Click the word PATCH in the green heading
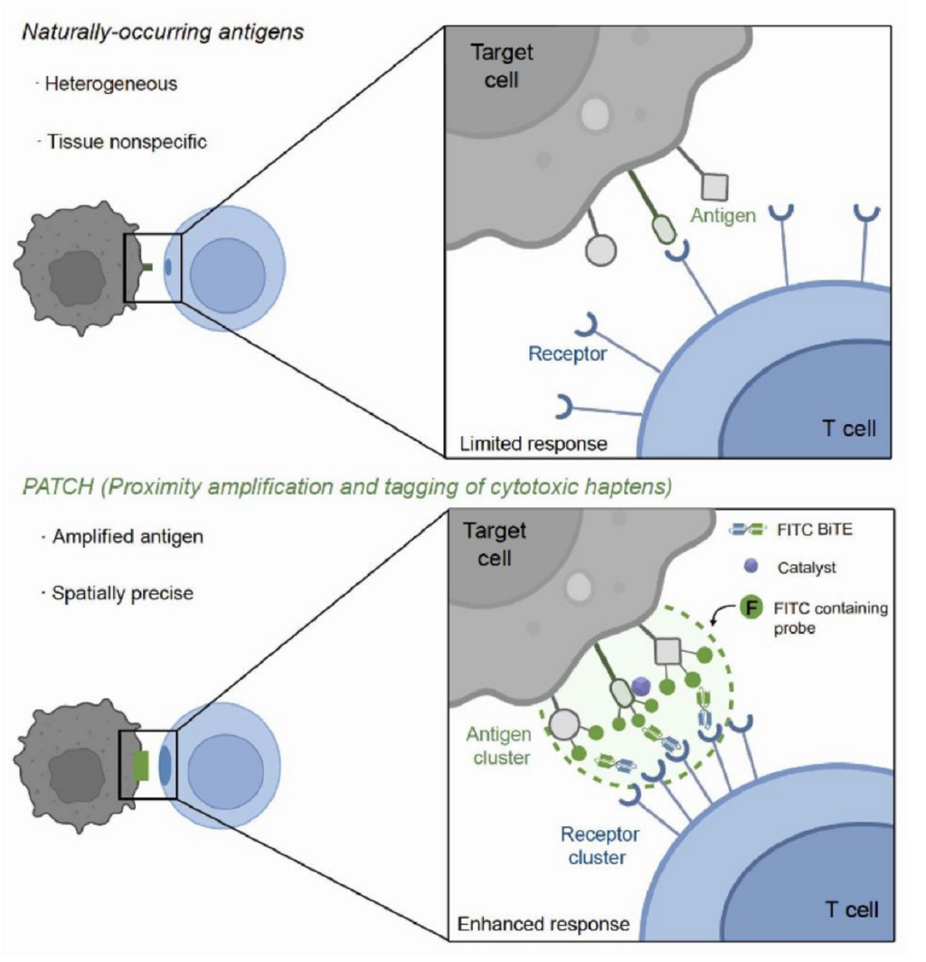coord(58,486)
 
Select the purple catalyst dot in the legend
coord(751,566)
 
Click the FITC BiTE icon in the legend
coord(748,530)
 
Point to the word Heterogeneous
coord(111,83)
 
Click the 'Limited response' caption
coord(534,444)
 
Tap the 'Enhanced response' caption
coord(543,924)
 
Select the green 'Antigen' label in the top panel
coord(723,215)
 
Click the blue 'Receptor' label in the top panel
coord(567,354)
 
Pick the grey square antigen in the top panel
coord(715,187)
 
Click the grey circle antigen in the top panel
coord(600,250)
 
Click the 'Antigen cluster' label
coord(500,745)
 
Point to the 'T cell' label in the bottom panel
coord(852,910)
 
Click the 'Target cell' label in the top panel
coord(502,66)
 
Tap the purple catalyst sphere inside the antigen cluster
coord(640,686)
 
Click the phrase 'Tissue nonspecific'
coord(127,142)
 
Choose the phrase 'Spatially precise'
coord(123,593)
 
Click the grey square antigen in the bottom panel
coord(667,651)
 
